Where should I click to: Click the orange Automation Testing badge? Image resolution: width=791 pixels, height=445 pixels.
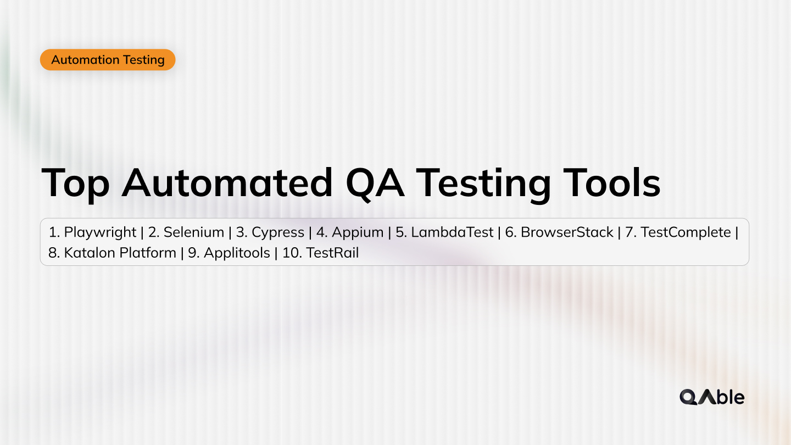tap(108, 60)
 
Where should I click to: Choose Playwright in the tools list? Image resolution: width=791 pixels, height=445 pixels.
tap(100, 232)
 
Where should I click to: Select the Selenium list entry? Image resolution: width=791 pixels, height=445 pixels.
tap(194, 232)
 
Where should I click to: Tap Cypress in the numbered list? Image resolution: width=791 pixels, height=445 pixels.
tap(277, 232)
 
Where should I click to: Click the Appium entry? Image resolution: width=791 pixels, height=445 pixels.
tap(358, 232)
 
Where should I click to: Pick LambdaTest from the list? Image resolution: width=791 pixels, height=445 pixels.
tap(452, 232)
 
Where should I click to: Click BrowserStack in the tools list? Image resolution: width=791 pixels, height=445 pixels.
tap(567, 232)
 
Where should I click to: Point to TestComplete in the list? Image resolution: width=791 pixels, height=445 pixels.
tap(686, 232)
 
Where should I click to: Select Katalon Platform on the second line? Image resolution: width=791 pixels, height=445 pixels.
tap(120, 253)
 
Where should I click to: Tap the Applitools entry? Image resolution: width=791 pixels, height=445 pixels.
tap(237, 253)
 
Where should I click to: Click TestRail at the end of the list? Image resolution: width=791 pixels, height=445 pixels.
tap(332, 253)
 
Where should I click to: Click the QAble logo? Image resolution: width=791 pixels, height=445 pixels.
tap(712, 397)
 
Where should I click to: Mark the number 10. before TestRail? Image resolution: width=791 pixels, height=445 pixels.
tap(291, 253)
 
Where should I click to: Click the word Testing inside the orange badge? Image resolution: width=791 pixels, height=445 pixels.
tap(144, 60)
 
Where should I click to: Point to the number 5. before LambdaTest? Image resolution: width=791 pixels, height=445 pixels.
tap(401, 232)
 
